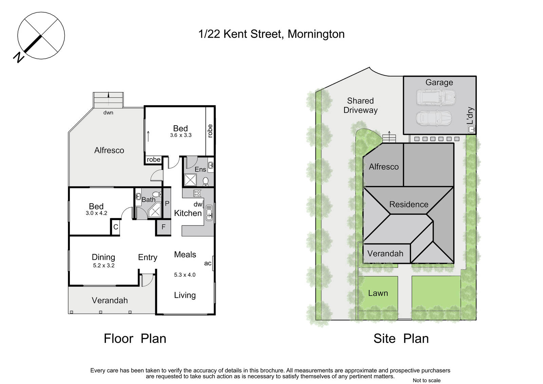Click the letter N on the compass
coord(19,57)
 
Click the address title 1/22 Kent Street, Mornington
coord(271,34)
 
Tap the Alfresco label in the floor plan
coord(109,150)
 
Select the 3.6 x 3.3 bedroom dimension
coord(181,135)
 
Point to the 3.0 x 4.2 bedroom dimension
coord(96,213)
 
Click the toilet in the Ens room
coord(205,182)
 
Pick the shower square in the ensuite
coord(190,180)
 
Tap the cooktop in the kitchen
coord(197,193)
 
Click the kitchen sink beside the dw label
coord(209,213)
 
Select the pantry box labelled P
coord(167,203)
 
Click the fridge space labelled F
coord(164,227)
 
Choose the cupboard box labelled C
coord(116,227)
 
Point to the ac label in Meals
coord(208,263)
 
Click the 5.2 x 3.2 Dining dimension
coord(104,266)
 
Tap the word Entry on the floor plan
coord(148,257)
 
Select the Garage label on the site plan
coord(439,83)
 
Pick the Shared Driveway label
coord(360,106)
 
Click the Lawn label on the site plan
coord(378,293)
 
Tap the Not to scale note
coord(426,380)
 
